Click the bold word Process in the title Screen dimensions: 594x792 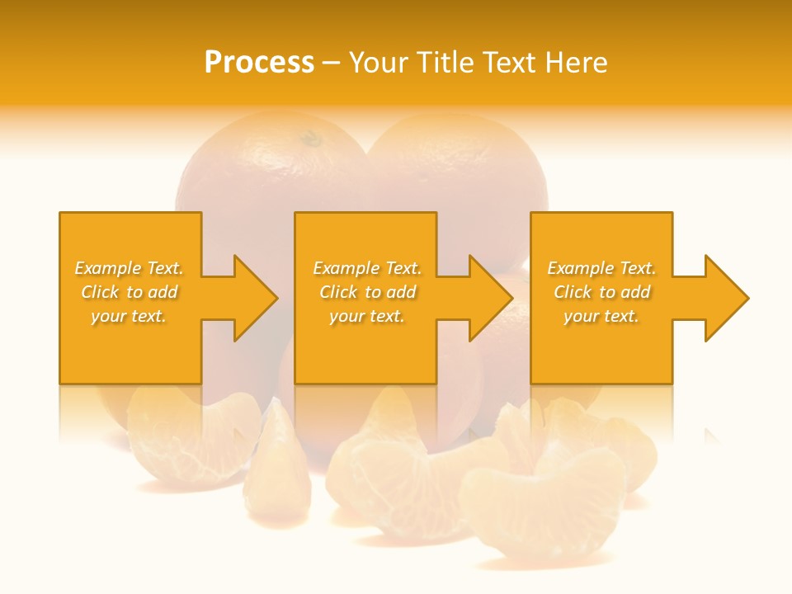click(259, 63)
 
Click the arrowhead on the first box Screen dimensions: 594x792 click(252, 298)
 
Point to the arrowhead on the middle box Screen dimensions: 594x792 click(488, 298)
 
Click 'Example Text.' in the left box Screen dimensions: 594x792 click(129, 268)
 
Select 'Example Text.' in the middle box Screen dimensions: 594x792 click(367, 268)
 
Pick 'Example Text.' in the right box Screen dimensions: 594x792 click(601, 268)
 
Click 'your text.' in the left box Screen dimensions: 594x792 click(129, 316)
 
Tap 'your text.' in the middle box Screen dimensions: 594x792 click(367, 316)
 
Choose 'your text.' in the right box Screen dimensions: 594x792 click(601, 316)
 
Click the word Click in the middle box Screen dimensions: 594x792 click(338, 292)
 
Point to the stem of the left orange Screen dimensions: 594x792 click(310, 139)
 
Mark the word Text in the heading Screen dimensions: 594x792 click(510, 63)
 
